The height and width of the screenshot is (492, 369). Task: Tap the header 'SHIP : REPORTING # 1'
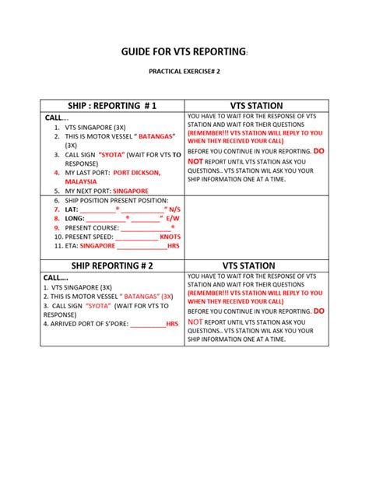pyautogui.click(x=114, y=105)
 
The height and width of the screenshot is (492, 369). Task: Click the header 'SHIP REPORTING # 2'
pyautogui.click(x=112, y=265)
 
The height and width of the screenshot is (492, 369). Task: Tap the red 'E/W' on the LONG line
pyautogui.click(x=172, y=219)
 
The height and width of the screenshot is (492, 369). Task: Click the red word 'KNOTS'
pyautogui.click(x=170, y=236)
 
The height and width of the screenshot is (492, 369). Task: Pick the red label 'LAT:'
pyautogui.click(x=72, y=209)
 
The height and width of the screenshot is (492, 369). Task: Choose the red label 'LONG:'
pyautogui.click(x=76, y=219)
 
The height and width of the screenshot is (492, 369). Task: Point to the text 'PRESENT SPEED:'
pyautogui.click(x=90, y=236)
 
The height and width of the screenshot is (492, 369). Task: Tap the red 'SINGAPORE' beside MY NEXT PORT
pyautogui.click(x=130, y=190)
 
